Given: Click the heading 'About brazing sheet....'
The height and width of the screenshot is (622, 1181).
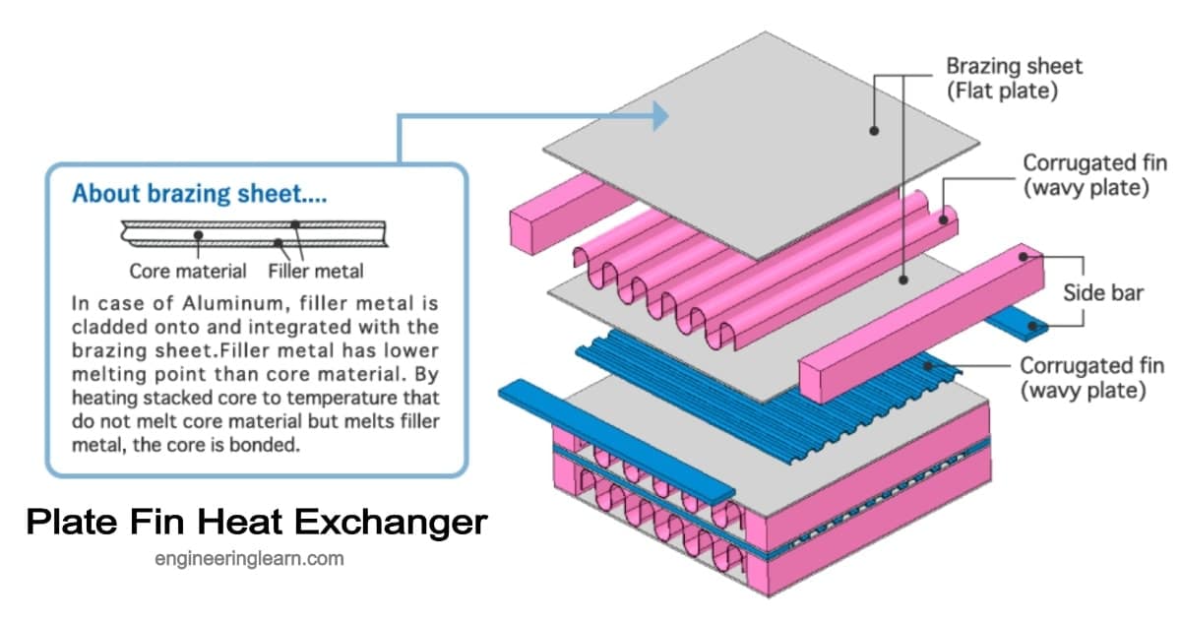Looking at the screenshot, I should click(x=200, y=193).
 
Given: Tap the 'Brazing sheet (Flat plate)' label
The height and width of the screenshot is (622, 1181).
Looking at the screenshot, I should click(x=1014, y=79).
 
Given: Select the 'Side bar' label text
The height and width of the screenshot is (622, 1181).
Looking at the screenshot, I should click(x=1102, y=292).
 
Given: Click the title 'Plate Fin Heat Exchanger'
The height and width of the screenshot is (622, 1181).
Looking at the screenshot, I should click(x=256, y=521).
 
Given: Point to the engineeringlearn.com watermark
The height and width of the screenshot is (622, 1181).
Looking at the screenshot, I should click(x=249, y=559).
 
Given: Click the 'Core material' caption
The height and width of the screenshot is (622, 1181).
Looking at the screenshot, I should click(x=188, y=271).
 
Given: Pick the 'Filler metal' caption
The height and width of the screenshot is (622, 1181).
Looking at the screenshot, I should click(x=315, y=271).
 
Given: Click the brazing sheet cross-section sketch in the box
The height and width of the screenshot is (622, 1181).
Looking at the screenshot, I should click(x=251, y=234).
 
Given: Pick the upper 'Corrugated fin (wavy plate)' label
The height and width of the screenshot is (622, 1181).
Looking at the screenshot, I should click(x=1086, y=174).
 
